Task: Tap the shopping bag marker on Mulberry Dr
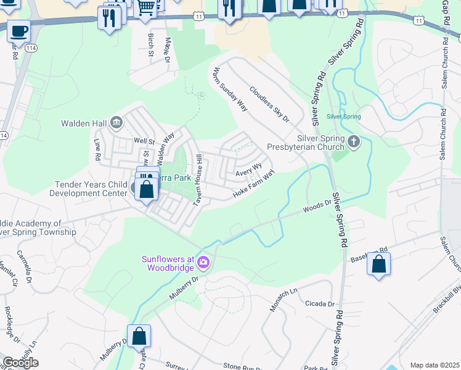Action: pos(139,336)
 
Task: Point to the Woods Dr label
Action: pos(317,206)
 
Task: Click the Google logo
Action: pos(20,363)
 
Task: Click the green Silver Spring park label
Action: pos(343,116)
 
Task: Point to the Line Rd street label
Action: pos(97,149)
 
